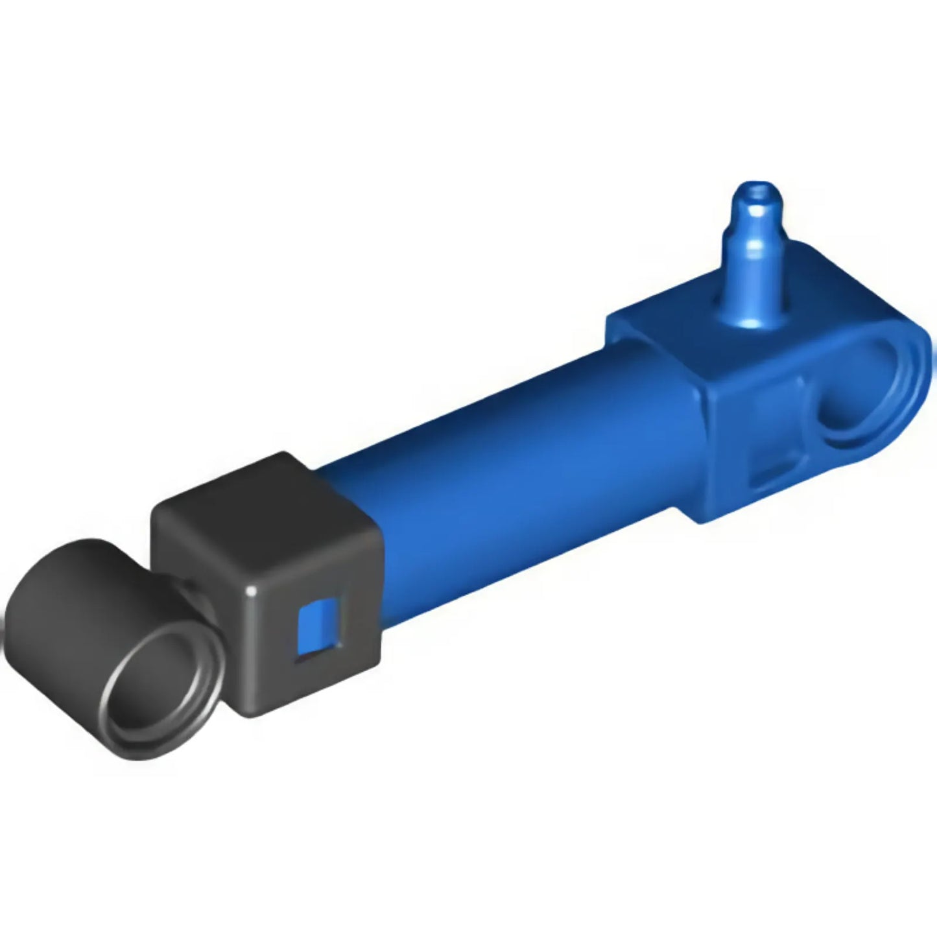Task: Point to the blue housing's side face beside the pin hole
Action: (765, 421)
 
